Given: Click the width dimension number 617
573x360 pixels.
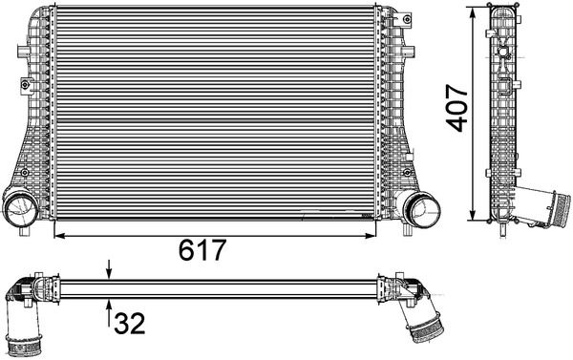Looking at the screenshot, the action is click(x=202, y=250).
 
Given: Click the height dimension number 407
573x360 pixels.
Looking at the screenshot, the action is click(x=457, y=108).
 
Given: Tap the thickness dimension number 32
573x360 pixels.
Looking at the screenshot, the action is click(x=130, y=324).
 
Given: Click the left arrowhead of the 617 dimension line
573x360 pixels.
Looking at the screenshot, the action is click(x=59, y=236).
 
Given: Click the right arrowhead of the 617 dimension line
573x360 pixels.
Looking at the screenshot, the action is click(x=371, y=236).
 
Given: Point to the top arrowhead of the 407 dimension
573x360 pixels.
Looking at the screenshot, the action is click(x=473, y=12).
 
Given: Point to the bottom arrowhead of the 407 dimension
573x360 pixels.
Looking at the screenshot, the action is click(x=473, y=215).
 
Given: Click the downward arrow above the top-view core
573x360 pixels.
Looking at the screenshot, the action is click(x=109, y=269).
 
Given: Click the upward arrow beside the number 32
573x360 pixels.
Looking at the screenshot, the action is click(x=109, y=312).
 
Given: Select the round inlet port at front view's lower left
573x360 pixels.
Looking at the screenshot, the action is click(x=20, y=207).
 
